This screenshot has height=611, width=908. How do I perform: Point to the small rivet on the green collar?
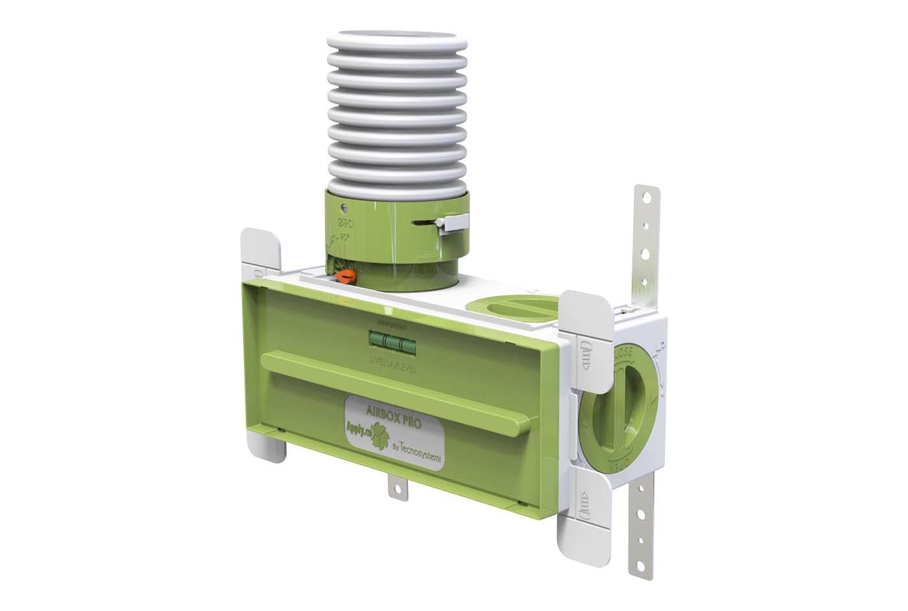click(x=345, y=209)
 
